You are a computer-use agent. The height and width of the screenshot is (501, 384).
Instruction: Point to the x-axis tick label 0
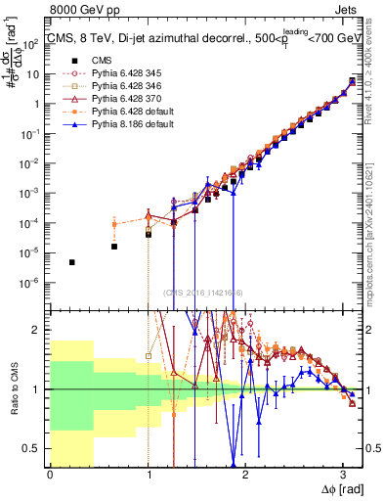point(50,477)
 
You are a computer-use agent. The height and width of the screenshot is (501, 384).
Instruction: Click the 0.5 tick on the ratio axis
point(34,448)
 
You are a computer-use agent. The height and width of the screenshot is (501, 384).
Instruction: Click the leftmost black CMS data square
point(72,262)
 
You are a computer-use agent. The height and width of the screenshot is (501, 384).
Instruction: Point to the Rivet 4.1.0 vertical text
point(375,78)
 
